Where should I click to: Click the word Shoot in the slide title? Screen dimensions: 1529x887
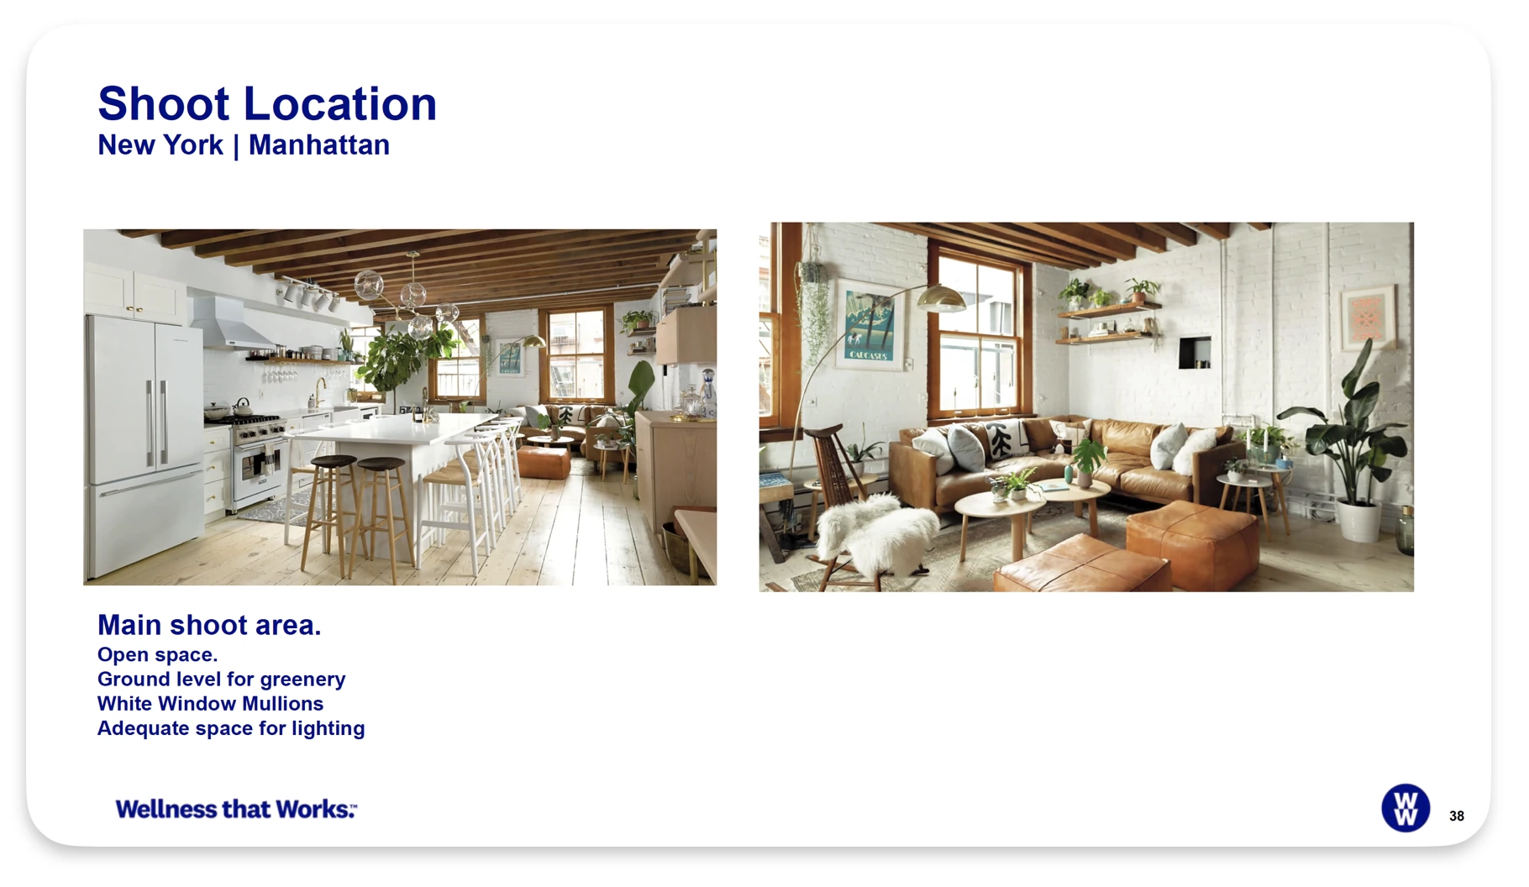tap(164, 104)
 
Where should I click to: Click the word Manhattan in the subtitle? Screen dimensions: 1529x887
tap(319, 145)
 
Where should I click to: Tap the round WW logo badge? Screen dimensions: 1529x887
tap(1406, 808)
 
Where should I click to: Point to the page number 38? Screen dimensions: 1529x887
tap(1457, 816)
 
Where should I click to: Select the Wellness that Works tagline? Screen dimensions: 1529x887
tap(236, 809)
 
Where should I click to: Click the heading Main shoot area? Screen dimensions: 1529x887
tap(209, 625)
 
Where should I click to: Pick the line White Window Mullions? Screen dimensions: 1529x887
tap(210, 704)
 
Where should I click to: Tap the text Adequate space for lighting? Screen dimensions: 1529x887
tap(231, 728)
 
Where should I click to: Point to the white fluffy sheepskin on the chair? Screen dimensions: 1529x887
tap(876, 531)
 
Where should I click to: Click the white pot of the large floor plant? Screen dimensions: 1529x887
tap(1358, 521)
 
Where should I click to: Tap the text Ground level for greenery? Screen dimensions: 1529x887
tap(221, 680)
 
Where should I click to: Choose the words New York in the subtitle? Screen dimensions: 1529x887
tap(160, 145)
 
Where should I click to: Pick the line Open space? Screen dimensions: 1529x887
tap(157, 655)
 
